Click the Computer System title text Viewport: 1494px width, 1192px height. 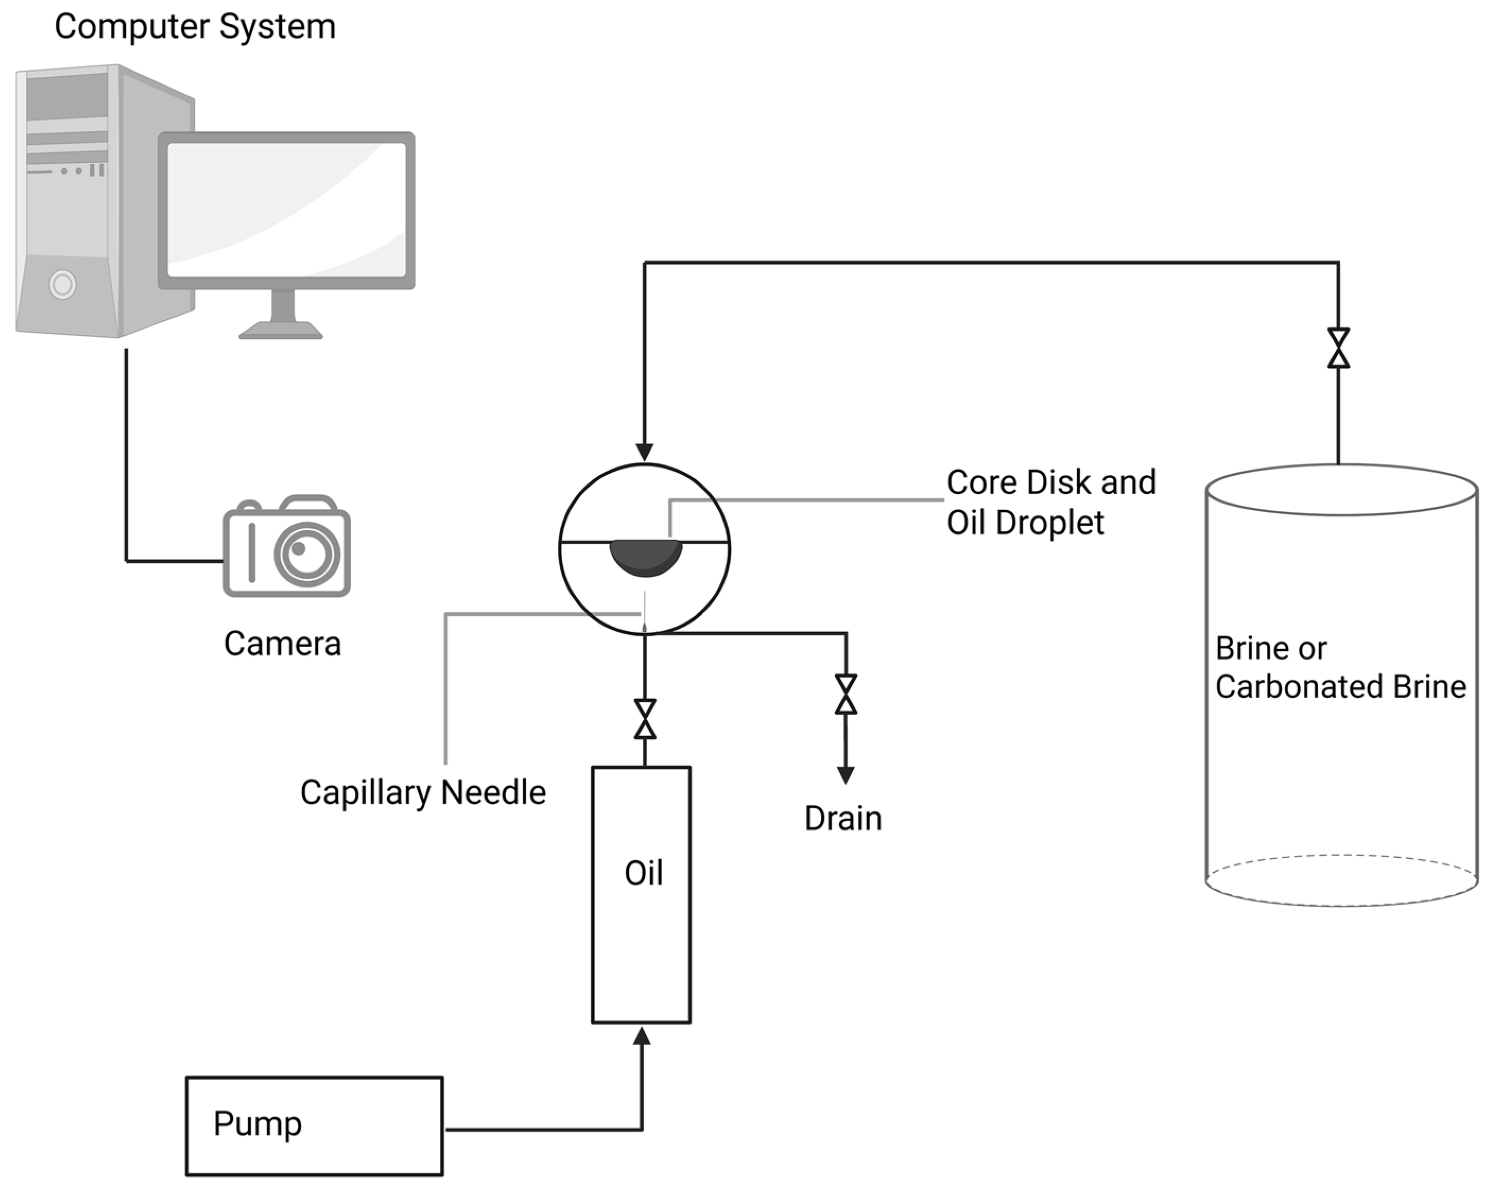click(x=195, y=27)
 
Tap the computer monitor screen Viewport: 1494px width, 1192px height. click(x=286, y=210)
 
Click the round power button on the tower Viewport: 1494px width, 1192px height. click(x=63, y=284)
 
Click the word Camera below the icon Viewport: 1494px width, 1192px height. click(x=282, y=644)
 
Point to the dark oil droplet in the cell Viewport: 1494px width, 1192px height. click(x=645, y=557)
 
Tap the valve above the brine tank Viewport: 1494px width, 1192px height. click(x=1338, y=348)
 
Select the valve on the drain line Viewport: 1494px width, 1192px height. click(x=845, y=694)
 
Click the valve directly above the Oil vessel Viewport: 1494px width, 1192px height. click(x=645, y=719)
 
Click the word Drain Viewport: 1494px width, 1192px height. click(x=843, y=818)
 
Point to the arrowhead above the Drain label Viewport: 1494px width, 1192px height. click(x=845, y=775)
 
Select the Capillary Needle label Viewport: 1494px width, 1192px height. click(x=422, y=792)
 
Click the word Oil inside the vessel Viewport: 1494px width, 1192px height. click(x=643, y=873)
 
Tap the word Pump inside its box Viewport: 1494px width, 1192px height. click(x=257, y=1124)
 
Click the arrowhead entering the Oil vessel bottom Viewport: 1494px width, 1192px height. click(x=642, y=1036)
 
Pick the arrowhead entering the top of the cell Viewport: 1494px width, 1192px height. click(x=644, y=452)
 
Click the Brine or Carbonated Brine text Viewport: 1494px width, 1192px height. click(x=1340, y=667)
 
